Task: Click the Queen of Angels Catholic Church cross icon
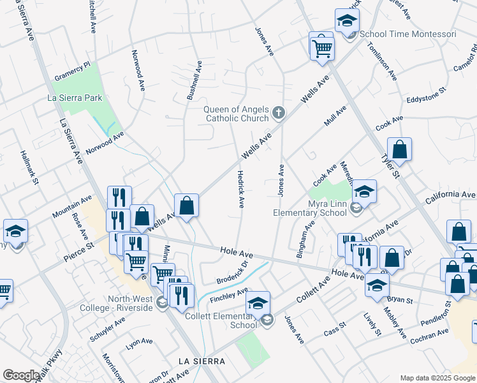(278, 114)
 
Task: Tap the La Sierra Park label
(75, 98)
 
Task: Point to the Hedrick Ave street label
(241, 189)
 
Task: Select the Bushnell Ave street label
(194, 80)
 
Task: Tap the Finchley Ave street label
(230, 296)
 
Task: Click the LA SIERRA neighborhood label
(202, 361)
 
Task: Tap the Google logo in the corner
(21, 375)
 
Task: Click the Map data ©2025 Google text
(437, 378)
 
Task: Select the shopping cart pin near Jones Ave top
(323, 47)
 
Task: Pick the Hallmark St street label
(29, 169)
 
